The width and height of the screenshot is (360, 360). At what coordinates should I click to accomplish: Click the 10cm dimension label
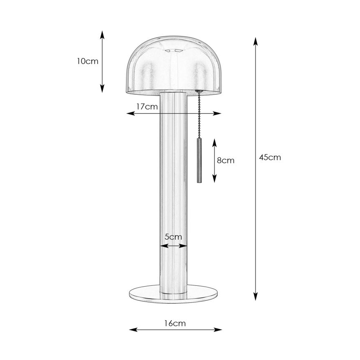tap(87, 61)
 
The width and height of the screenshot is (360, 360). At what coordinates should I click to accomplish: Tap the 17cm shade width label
tap(147, 106)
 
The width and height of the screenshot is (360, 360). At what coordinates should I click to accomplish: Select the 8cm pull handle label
tap(226, 160)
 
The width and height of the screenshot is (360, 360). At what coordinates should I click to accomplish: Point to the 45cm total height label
tap(270, 158)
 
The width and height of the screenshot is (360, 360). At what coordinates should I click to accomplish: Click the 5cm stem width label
tap(173, 237)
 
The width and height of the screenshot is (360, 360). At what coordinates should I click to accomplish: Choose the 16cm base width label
tap(175, 324)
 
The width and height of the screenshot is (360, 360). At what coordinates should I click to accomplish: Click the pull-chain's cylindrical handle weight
tap(198, 160)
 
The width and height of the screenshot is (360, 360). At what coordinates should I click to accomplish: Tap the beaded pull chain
tap(198, 116)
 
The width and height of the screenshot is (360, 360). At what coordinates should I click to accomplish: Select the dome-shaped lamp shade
tap(173, 66)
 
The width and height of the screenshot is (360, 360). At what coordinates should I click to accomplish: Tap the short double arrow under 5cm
tap(173, 246)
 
